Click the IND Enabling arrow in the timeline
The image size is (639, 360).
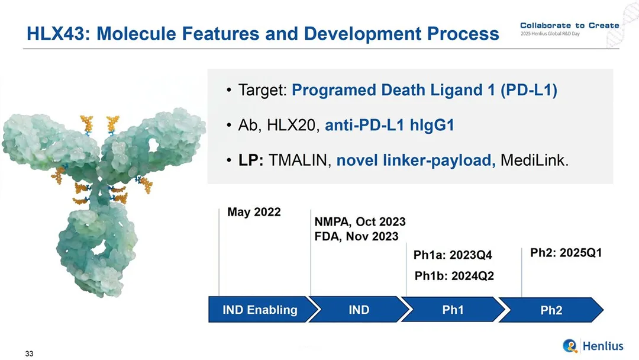[261, 310]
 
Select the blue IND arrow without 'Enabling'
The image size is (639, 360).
[359, 310]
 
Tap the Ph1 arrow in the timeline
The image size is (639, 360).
[453, 310]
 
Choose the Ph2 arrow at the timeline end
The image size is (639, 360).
[551, 310]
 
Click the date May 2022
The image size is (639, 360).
[254, 212]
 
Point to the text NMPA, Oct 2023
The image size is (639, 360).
[360, 222]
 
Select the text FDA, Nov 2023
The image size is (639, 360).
[356, 236]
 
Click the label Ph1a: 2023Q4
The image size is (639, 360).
[453, 255]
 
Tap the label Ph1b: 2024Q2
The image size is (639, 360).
[454, 276]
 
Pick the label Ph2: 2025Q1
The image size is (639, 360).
[566, 253]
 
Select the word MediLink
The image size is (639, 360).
[534, 160]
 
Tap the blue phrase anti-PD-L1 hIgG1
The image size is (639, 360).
[389, 125]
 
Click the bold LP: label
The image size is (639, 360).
[251, 160]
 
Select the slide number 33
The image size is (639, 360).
[30, 353]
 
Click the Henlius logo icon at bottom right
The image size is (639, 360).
[570, 346]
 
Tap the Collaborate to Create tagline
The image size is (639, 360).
[570, 25]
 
